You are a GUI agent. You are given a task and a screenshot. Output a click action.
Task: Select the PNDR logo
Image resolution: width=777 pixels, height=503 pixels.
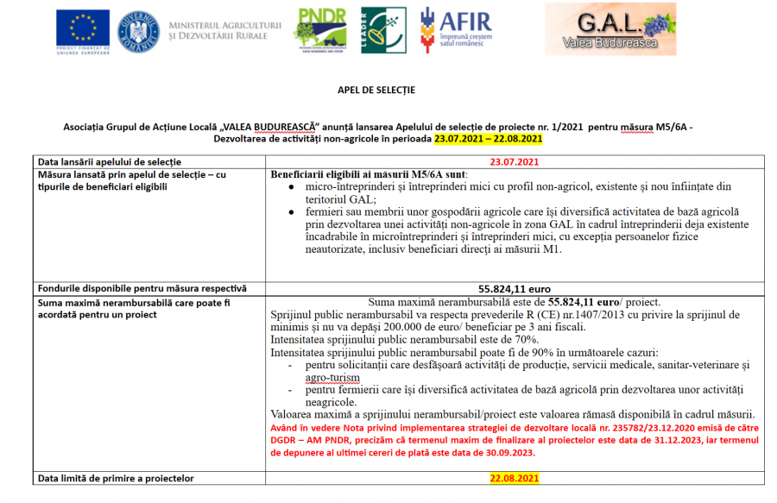pos(321,29)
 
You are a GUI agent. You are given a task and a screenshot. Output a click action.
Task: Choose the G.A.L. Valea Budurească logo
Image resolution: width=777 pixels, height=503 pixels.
pos(611,29)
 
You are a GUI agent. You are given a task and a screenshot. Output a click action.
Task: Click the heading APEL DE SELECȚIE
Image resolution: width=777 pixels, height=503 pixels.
pos(376,90)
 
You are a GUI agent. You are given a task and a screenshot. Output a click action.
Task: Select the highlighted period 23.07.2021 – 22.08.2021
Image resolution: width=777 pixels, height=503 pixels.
pos(488,138)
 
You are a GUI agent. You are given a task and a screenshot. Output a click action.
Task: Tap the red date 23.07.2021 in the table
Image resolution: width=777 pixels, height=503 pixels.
pos(514,161)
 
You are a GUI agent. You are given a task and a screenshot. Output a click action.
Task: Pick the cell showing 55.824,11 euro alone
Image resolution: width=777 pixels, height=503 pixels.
pos(515,288)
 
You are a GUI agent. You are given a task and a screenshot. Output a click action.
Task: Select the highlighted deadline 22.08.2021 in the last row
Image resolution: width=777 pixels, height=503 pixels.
pos(514,478)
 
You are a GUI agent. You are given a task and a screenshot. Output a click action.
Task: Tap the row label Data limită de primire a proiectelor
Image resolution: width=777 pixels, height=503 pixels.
pos(116,478)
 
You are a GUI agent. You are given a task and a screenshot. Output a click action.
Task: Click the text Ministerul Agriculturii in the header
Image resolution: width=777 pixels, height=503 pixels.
pos(225,27)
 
